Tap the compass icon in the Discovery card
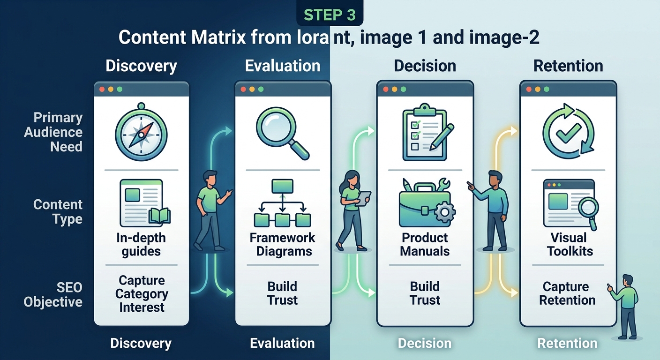pyautogui.click(x=141, y=132)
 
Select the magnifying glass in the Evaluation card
pyautogui.click(x=282, y=133)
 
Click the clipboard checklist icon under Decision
pyautogui.click(x=427, y=132)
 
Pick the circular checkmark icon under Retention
pyautogui.click(x=569, y=131)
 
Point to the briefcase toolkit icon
pyautogui.click(x=427, y=203)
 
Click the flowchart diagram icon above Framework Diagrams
pyautogui.click(x=282, y=203)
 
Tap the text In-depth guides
pyautogui.click(x=141, y=245)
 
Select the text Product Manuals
pyautogui.click(x=425, y=245)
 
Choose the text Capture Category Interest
pyautogui.click(x=142, y=294)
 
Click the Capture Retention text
pyautogui.click(x=567, y=293)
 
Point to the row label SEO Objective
pyautogui.click(x=53, y=294)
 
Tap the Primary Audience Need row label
pyautogui.click(x=53, y=132)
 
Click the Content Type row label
pyautogui.click(x=58, y=212)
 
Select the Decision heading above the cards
pyautogui.click(x=425, y=66)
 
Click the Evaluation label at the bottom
pyautogui.click(x=282, y=343)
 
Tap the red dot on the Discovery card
pyautogui.click(x=102, y=89)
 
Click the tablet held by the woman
pyautogui.click(x=363, y=198)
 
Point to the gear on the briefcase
pyautogui.click(x=445, y=212)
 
